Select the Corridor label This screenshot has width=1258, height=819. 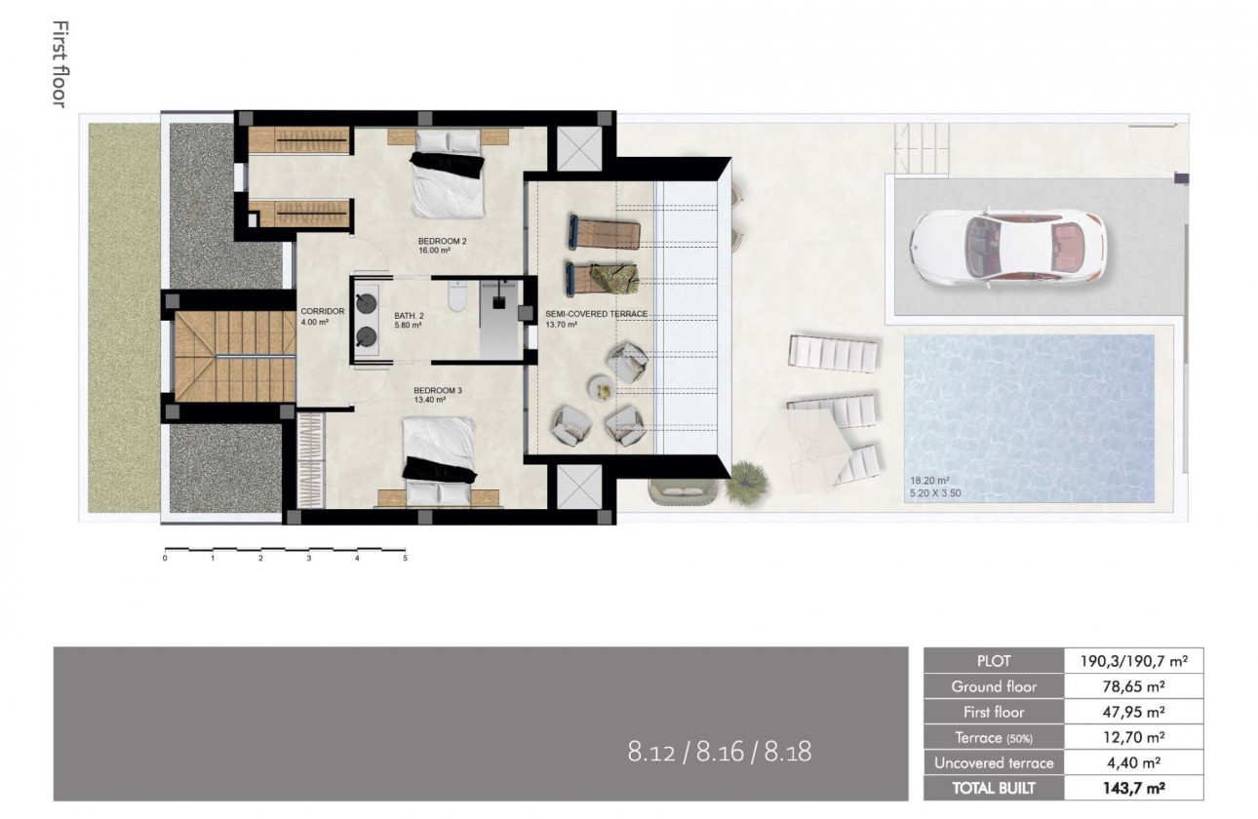(323, 312)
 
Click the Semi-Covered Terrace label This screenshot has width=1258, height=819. (596, 314)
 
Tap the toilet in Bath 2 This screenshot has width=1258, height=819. (456, 297)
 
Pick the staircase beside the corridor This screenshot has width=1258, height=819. (233, 357)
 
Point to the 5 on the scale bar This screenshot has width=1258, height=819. (405, 559)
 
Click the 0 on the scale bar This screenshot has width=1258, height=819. (165, 559)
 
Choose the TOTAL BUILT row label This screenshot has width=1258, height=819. (994, 788)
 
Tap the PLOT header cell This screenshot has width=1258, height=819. (994, 661)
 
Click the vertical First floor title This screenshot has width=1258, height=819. (58, 63)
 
